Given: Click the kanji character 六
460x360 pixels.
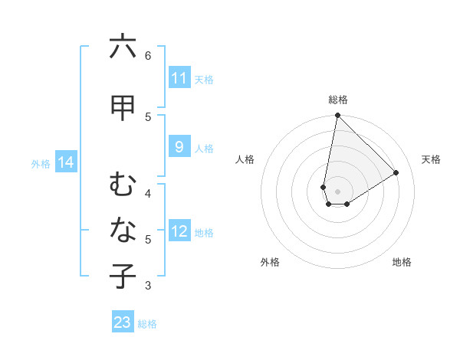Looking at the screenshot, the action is (123, 47).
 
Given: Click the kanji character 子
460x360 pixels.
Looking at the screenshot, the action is (123, 277).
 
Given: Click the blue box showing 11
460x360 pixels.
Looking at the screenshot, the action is (179, 78).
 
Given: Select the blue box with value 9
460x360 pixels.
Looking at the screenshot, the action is (179, 147).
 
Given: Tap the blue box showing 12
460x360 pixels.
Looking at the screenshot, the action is (179, 231).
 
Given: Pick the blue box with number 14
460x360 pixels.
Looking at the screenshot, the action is (65, 162).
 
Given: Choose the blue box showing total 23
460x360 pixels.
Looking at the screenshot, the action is (123, 322).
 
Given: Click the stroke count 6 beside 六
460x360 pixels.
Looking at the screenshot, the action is (148, 55).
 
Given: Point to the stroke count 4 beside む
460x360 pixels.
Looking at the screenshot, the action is (148, 192).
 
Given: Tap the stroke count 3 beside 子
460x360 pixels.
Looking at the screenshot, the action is (148, 286).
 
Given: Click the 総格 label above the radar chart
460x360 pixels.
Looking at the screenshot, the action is (338, 100).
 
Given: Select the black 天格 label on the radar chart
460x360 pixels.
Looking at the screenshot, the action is (432, 159).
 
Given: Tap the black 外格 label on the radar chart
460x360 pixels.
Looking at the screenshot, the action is (270, 262).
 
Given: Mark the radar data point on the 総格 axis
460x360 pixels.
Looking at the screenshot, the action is (337, 116).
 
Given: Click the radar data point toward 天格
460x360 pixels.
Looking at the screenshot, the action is (396, 172).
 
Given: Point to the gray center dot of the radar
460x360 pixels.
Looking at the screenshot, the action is (337, 191).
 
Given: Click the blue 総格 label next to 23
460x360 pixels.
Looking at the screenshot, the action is (147, 324).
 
